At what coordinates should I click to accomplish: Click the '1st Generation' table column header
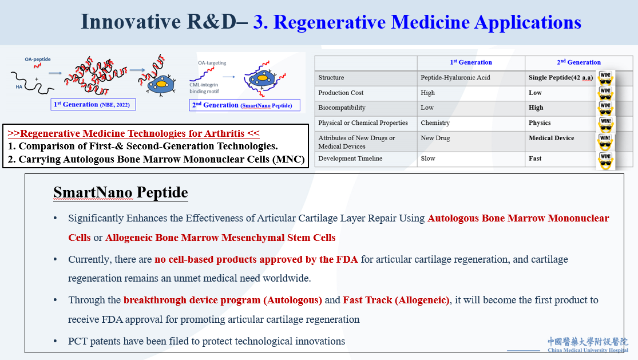click(x=470, y=62)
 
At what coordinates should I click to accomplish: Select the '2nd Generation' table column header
click(x=579, y=62)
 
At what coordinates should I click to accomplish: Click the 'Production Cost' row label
click(x=341, y=93)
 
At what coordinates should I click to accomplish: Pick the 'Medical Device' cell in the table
click(x=552, y=138)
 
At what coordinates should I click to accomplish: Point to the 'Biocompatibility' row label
click(x=342, y=108)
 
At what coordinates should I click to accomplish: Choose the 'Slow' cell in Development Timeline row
click(x=428, y=159)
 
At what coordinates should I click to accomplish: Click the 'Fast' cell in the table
click(x=535, y=159)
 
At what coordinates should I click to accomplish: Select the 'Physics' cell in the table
click(x=540, y=123)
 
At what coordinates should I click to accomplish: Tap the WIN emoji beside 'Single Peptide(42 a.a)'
click(x=605, y=78)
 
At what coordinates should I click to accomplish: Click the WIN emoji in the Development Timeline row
click(x=605, y=160)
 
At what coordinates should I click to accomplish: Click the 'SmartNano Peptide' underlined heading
click(x=120, y=193)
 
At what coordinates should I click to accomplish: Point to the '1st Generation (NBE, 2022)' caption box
click(x=93, y=105)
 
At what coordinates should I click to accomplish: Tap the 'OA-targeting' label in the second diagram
click(x=212, y=63)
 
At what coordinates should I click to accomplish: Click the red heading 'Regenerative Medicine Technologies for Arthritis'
click(x=133, y=134)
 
